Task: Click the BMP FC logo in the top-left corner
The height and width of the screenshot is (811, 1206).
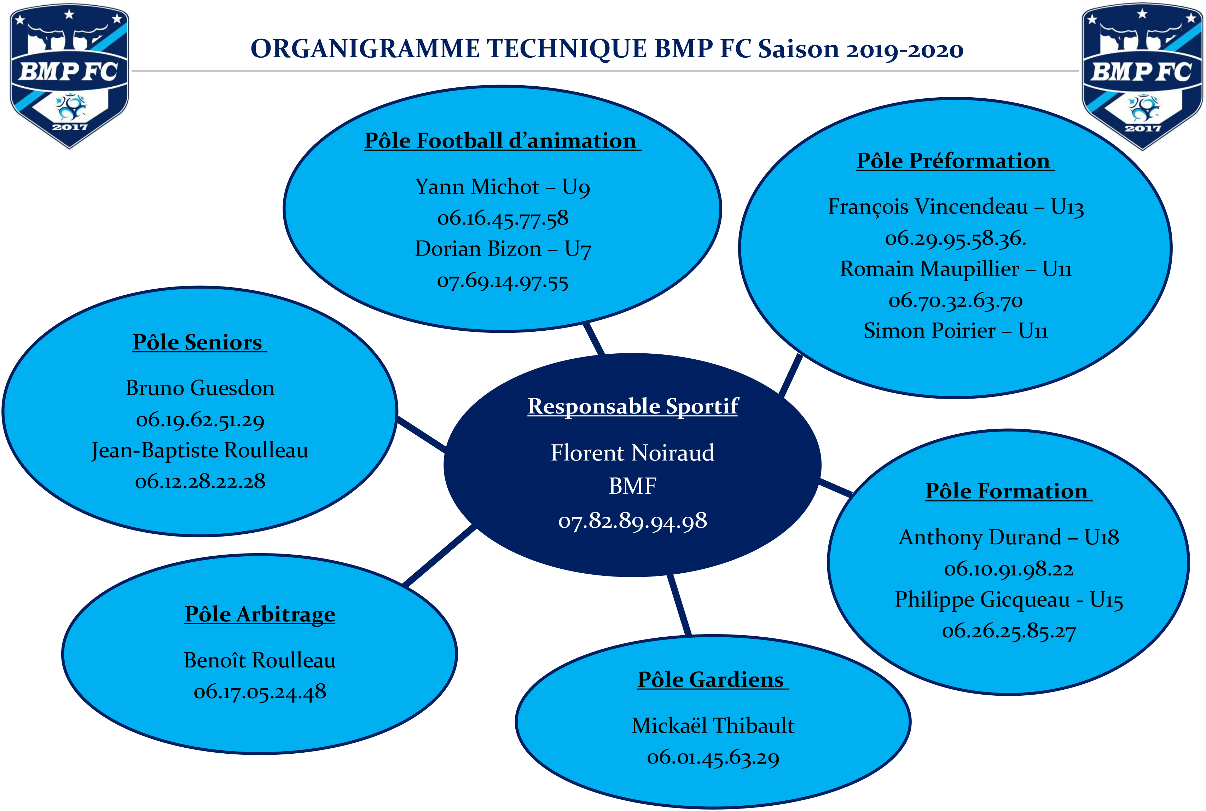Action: [x=69, y=76]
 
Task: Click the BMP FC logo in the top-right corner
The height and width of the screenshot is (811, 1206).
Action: [x=1142, y=77]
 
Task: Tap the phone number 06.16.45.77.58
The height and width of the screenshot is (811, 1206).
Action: [x=503, y=218]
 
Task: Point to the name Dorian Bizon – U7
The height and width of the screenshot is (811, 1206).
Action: [x=503, y=249]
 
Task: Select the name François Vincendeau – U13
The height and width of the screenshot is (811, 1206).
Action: [x=956, y=207]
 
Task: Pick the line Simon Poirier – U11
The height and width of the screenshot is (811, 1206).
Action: [x=956, y=331]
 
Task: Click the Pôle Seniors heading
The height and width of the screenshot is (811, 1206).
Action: [x=199, y=342]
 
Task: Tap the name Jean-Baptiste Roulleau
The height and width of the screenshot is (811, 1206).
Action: [x=199, y=451]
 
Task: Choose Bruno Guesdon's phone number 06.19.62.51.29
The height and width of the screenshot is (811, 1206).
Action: [x=200, y=420]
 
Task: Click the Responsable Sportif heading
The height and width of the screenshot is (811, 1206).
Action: [x=633, y=406]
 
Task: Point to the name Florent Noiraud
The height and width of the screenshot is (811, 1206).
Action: [x=632, y=453]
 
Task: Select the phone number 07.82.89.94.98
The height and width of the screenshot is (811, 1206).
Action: [x=632, y=521]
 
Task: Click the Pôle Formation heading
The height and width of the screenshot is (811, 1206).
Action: [x=1008, y=491]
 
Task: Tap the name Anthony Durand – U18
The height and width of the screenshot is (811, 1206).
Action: [x=1008, y=537]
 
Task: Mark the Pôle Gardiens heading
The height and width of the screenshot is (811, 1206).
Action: [x=713, y=680]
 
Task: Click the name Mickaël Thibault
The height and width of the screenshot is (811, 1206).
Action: [x=713, y=726]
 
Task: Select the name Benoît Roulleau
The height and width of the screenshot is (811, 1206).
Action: [x=260, y=660]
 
